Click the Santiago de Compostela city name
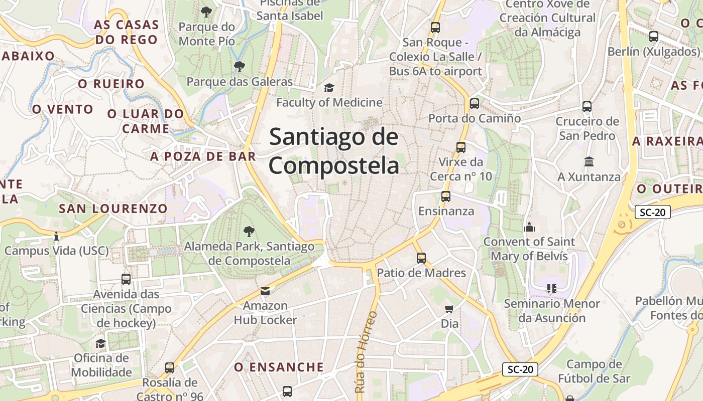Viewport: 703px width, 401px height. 334,151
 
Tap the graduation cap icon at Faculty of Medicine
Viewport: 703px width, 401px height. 329,88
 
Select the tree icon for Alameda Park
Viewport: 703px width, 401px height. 249,231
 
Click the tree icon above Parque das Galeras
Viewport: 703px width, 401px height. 240,66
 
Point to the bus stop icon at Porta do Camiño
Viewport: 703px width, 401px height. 475,104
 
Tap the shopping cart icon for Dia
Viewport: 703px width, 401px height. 449,309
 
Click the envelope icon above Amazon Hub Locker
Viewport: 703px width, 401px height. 265,291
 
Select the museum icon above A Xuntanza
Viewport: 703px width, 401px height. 589,162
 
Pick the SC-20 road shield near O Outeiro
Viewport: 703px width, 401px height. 652,212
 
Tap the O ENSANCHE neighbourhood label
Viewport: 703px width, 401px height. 279,367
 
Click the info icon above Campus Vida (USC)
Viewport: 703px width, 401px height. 56,236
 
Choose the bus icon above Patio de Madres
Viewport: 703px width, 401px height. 421,258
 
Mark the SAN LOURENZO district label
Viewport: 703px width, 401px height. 113,209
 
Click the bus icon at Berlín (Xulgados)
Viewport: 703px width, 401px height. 653,37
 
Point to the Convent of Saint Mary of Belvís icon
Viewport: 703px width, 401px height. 529,227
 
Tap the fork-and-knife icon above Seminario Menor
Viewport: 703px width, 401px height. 552,289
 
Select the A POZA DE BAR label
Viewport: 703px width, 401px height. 203,156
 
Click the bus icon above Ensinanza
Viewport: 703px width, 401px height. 445,196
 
